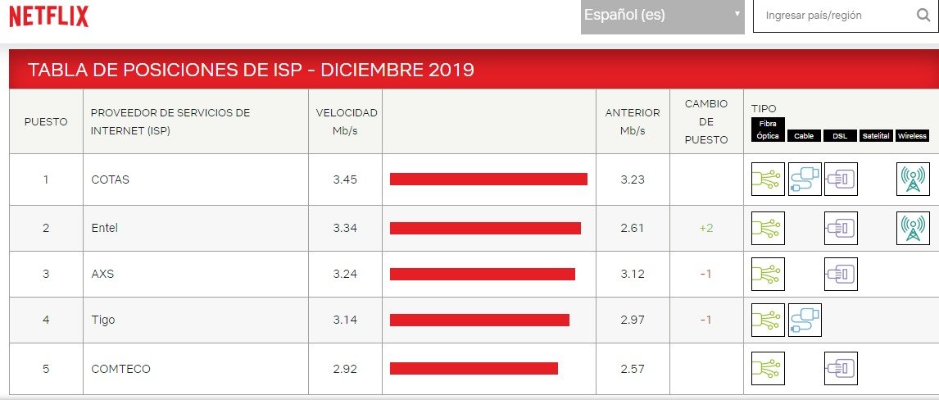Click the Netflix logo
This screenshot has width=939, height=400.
pos(48,16)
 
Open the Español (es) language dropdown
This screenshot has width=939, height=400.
pos(662,16)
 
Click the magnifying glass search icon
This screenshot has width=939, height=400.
pos(923,16)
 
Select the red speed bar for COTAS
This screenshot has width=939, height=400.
pos(488,180)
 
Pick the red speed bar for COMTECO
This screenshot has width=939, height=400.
pos(474,369)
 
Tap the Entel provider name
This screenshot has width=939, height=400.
pos(105,228)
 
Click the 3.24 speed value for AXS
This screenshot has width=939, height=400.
pos(346,274)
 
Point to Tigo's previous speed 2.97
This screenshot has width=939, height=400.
pos(633,320)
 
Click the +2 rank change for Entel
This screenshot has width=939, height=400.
pos(706,228)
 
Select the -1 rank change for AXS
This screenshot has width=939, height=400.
pos(706,274)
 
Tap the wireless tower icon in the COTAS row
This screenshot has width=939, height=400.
pos(913,180)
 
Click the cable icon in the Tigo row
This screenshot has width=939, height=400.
pos(805,320)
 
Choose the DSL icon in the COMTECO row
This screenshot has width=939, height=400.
pos(841,369)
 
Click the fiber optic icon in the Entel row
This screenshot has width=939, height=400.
pos(768,228)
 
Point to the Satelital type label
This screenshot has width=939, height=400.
pos(877,136)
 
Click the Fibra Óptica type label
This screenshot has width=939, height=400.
pos(768,130)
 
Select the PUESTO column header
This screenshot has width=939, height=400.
pos(46,122)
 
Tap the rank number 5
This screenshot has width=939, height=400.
pos(46,369)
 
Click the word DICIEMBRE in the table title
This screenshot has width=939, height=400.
pos(372,70)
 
